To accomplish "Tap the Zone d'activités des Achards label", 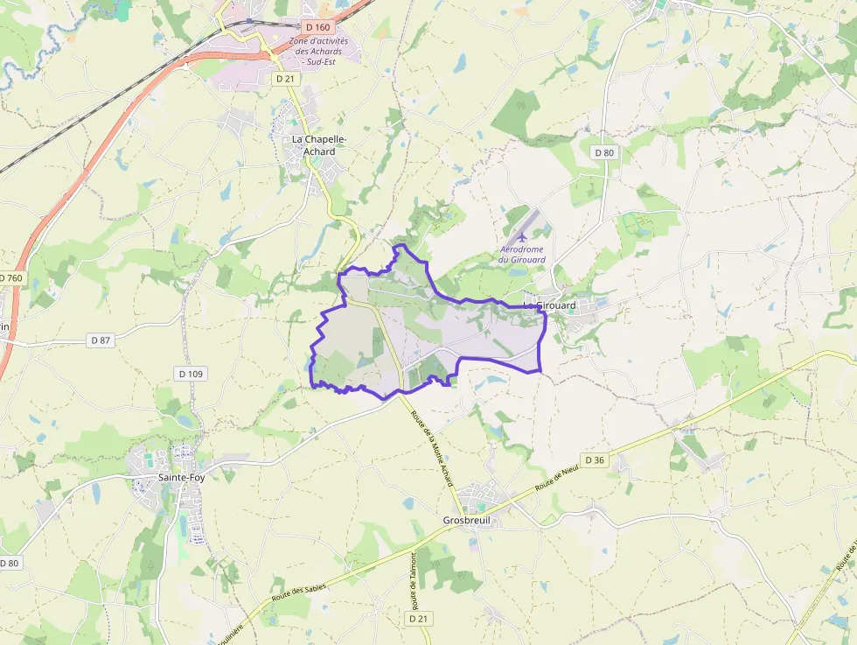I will click(318, 51).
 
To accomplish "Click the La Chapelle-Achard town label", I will click(319, 145).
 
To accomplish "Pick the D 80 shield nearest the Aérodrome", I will click(604, 152).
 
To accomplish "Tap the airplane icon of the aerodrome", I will click(522, 236).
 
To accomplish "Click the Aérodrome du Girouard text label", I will click(522, 254).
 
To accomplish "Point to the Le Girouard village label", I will click(550, 305).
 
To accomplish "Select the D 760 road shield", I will click(10, 278).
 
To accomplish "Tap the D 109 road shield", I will click(191, 374).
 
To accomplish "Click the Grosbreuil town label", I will click(467, 520).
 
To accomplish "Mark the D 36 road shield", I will click(595, 459).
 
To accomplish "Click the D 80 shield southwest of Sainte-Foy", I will click(9, 563).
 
